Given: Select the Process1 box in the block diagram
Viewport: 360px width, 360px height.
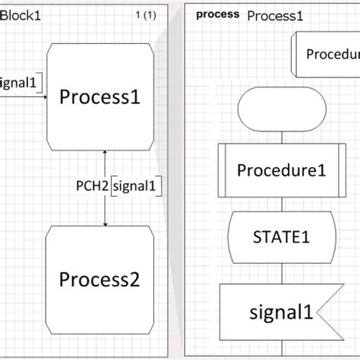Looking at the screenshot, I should (x=103, y=96).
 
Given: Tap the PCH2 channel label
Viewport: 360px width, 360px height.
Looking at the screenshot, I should (x=92, y=185).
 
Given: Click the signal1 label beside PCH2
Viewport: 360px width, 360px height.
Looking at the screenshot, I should (x=137, y=185).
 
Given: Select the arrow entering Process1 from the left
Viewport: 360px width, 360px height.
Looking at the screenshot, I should (x=45, y=96).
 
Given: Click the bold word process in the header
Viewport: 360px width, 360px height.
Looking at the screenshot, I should (x=217, y=14).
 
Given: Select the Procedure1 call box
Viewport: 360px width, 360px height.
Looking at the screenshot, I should (x=282, y=169).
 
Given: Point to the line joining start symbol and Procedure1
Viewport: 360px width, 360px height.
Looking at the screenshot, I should (x=282, y=137).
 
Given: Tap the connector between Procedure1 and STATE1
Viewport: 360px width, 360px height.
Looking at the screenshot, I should (x=282, y=203).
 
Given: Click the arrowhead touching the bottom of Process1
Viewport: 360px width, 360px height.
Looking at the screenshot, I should (x=105, y=153).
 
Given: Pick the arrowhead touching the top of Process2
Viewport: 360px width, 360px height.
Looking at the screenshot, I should (x=105, y=223).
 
